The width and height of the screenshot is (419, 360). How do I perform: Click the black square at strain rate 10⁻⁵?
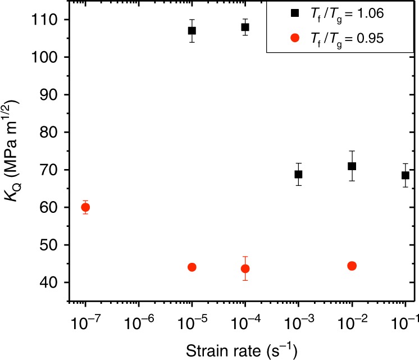point(192,31)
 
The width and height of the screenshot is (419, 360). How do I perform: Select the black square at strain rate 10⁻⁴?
point(245,27)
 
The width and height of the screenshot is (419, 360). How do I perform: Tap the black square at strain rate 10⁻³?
point(298,174)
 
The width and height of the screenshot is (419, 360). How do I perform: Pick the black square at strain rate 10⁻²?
point(352,166)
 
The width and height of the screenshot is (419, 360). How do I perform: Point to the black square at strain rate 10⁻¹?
point(405,175)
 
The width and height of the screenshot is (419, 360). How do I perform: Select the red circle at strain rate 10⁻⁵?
point(192,267)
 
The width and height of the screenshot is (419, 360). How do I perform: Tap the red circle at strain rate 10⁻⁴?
point(245,268)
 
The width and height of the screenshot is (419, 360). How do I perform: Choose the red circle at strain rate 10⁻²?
point(352,266)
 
